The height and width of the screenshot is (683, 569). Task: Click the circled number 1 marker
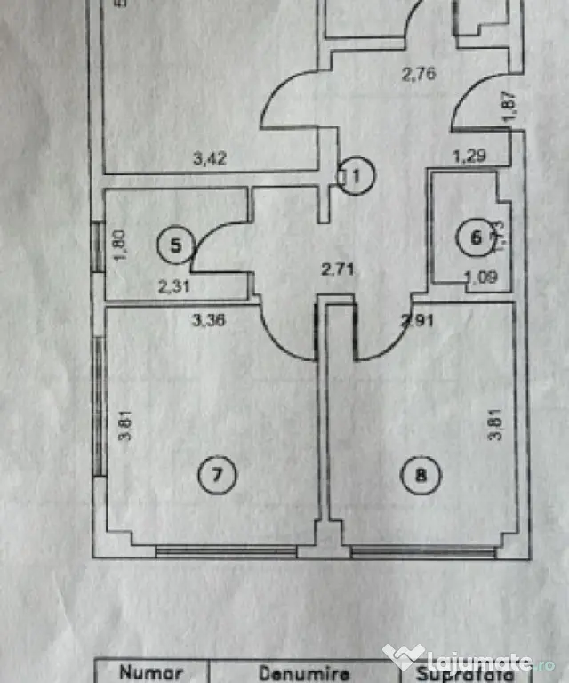pos(356,175)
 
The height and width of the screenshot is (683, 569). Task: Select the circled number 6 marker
pos(476,237)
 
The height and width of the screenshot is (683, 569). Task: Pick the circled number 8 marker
pos(421,474)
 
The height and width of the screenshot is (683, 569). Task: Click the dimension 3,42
pos(211,160)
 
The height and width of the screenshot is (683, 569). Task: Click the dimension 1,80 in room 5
pos(122,245)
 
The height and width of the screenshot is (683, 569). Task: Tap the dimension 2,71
pos(340,269)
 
